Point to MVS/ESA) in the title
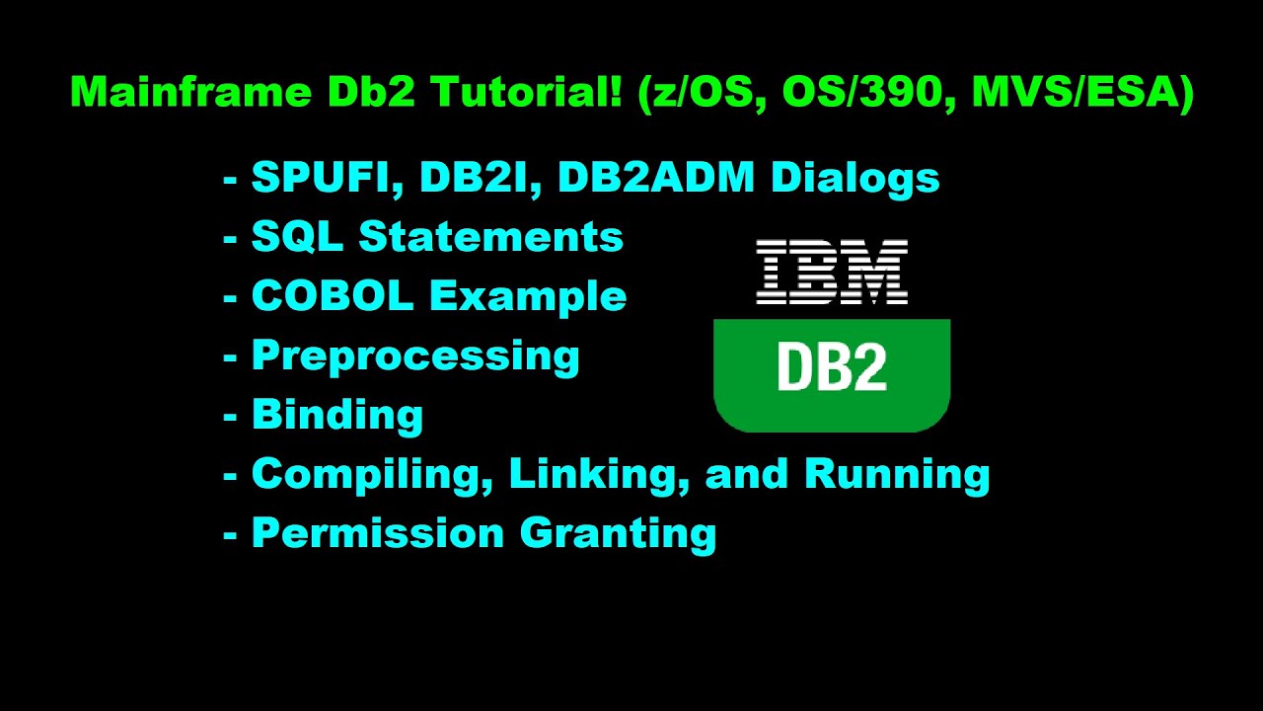pyautogui.click(x=1082, y=93)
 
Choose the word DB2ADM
pyautogui.click(x=658, y=178)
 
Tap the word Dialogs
pyautogui.click(x=854, y=178)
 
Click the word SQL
pyautogui.click(x=297, y=237)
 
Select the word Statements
pyautogui.click(x=490, y=237)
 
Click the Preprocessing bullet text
pyautogui.click(x=415, y=356)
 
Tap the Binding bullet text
pyautogui.click(x=337, y=415)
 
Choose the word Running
pyautogui.click(x=897, y=475)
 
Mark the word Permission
pyautogui.click(x=378, y=533)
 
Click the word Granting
pyautogui.click(x=618, y=534)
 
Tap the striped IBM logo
pyautogui.click(x=832, y=272)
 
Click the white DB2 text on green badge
pyautogui.click(x=832, y=367)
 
